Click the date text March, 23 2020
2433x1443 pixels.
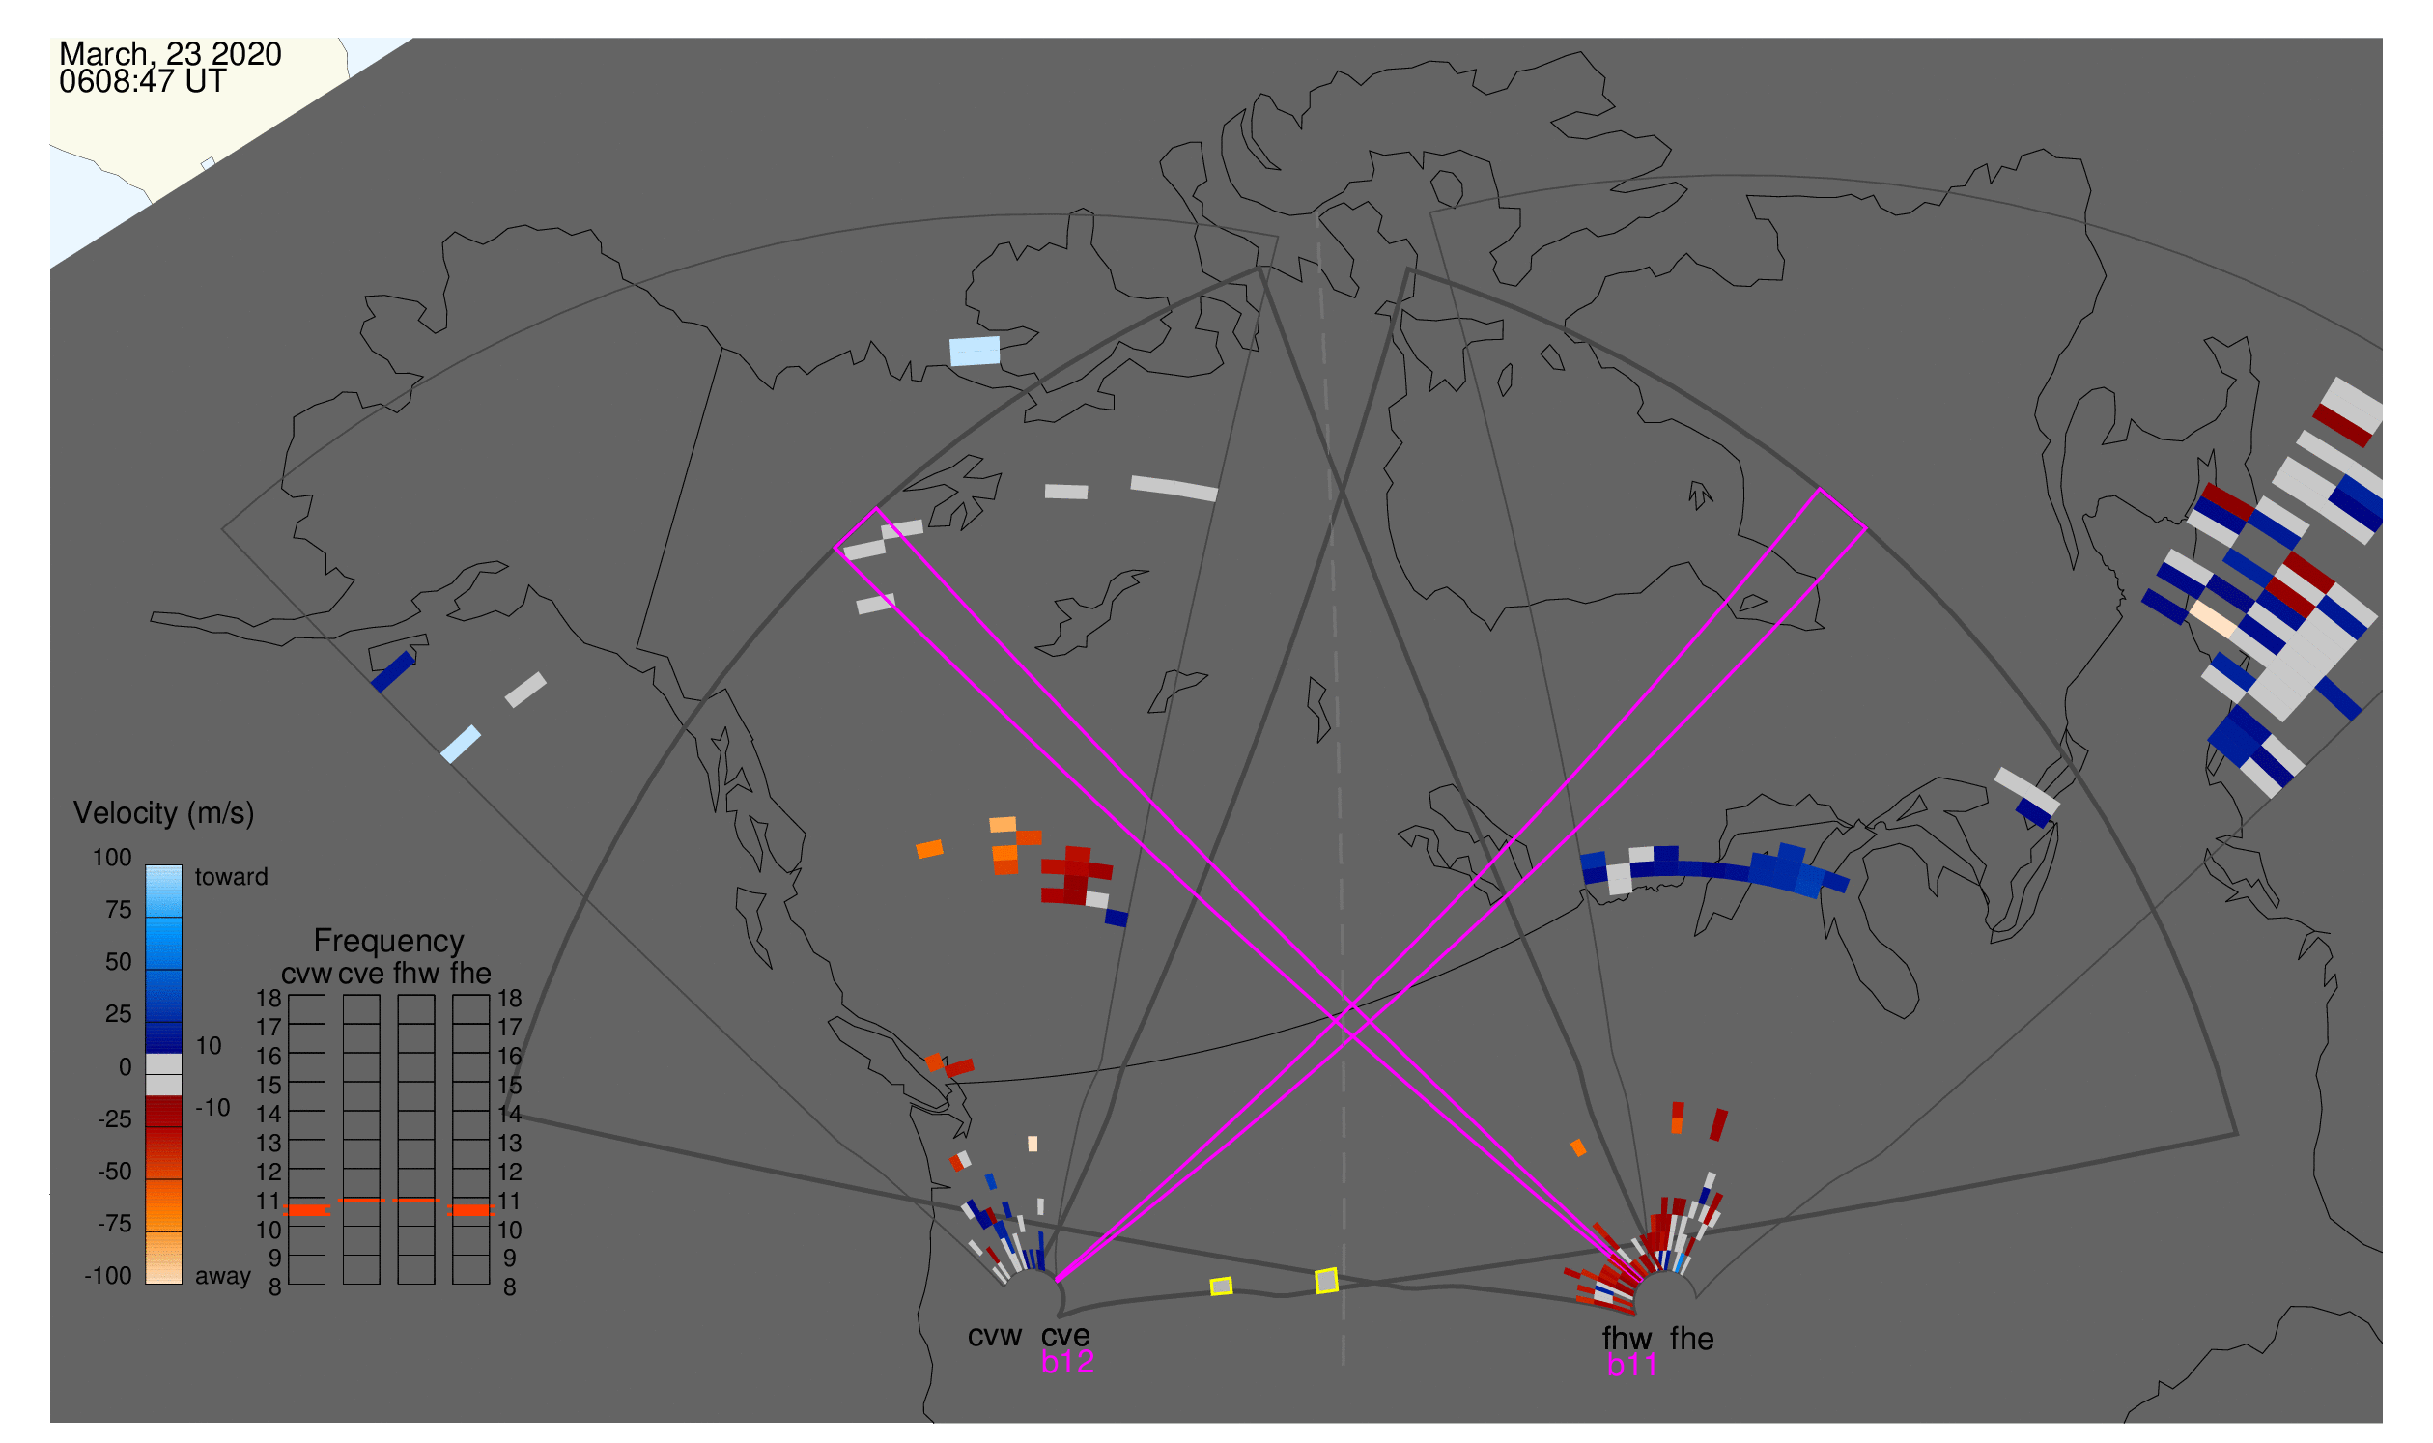(x=170, y=54)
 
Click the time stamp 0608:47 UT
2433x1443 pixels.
(x=142, y=82)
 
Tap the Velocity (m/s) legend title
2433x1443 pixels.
(x=163, y=814)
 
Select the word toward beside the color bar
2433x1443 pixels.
(x=232, y=877)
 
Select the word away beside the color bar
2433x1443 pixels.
(x=223, y=1277)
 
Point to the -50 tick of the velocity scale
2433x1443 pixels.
(x=115, y=1172)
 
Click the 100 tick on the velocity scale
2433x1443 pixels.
(x=113, y=858)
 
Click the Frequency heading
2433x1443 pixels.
(x=389, y=942)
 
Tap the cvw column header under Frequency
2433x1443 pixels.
(x=307, y=975)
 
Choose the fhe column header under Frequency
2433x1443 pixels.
(x=470, y=975)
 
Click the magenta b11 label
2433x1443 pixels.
(x=1631, y=1366)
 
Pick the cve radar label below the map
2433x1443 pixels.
(x=1064, y=1337)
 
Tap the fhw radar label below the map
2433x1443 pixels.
(x=1627, y=1340)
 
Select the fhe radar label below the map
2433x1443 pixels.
(x=1692, y=1340)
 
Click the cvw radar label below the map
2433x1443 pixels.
(x=995, y=1337)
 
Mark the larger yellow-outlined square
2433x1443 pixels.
(x=1326, y=1282)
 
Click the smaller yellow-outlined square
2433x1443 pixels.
(x=1222, y=1287)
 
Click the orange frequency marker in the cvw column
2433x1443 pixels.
(x=307, y=1210)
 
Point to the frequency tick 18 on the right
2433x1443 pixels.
(x=510, y=999)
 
